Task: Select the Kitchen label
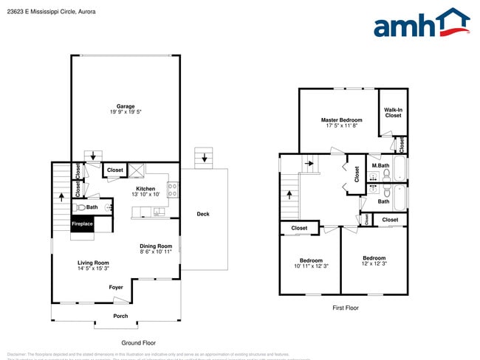(145, 192)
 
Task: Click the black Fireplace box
(82, 224)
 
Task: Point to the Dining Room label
(156, 249)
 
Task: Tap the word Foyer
(116, 287)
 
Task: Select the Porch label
(120, 316)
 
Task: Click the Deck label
(202, 215)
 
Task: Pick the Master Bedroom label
(341, 122)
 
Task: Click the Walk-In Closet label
(393, 112)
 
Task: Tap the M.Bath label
(380, 165)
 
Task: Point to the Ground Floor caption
(138, 343)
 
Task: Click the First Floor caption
(345, 308)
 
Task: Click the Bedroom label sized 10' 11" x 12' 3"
(311, 263)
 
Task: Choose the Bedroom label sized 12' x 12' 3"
(374, 260)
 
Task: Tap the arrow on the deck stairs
(205, 156)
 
